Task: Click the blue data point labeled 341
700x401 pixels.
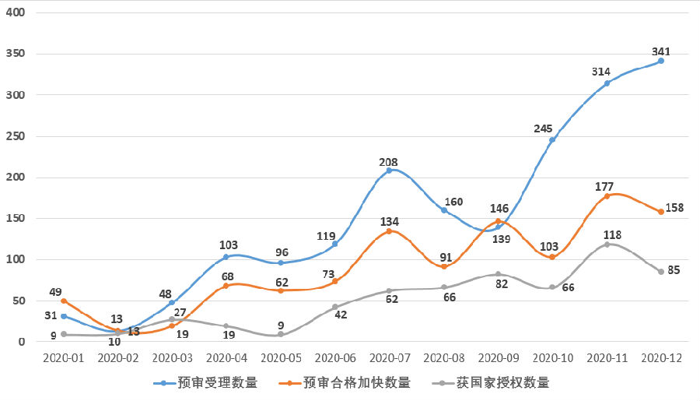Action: click(661, 61)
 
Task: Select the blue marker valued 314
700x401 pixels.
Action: click(607, 83)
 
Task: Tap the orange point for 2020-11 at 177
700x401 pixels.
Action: click(607, 196)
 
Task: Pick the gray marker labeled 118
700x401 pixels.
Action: click(607, 244)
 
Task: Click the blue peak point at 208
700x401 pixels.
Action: click(390, 171)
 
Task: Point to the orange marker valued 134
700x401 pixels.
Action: click(390, 231)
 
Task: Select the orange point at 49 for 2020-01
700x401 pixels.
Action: click(64, 301)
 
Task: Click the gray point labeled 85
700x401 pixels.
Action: click(661, 272)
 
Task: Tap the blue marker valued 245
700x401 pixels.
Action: click(552, 140)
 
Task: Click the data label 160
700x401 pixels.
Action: click(453, 202)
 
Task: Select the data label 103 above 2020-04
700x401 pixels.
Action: click(228, 244)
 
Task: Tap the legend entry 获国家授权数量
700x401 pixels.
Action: click(502, 382)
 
